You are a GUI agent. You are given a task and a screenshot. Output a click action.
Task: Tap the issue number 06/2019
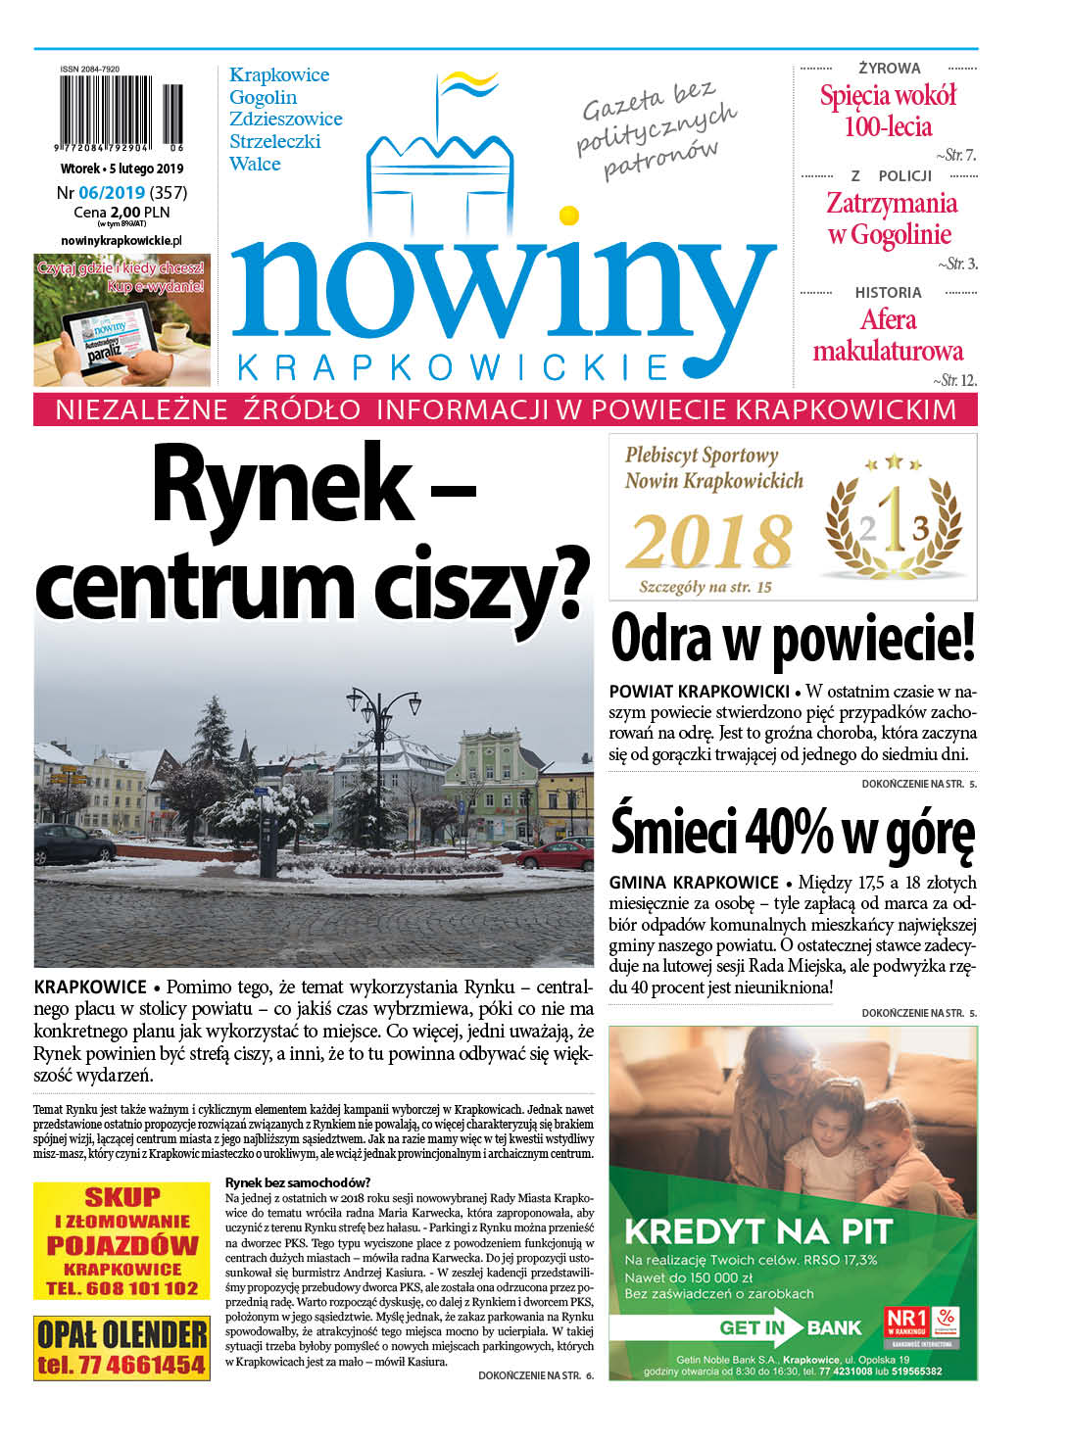(112, 193)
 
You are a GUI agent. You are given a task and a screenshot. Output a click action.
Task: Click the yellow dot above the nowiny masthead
(568, 216)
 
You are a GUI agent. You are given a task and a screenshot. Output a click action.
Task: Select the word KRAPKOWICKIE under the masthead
(454, 367)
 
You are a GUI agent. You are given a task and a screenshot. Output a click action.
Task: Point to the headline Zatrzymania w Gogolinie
(890, 218)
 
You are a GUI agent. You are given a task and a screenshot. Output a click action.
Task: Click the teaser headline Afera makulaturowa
(888, 335)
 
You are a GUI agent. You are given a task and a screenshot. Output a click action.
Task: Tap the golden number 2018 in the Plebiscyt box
(710, 541)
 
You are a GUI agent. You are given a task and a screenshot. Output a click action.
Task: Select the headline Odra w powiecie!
(793, 640)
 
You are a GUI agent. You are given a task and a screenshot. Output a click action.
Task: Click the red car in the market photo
(555, 855)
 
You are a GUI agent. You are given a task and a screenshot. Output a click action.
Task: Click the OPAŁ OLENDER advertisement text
(122, 1334)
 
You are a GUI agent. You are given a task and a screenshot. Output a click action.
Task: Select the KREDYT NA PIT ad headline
(758, 1231)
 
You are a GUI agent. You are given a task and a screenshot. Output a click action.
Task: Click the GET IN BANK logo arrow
(742, 1328)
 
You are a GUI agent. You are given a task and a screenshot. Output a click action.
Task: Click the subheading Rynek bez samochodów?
(298, 1182)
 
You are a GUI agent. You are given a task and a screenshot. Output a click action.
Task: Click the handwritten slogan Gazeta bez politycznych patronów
(657, 130)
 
